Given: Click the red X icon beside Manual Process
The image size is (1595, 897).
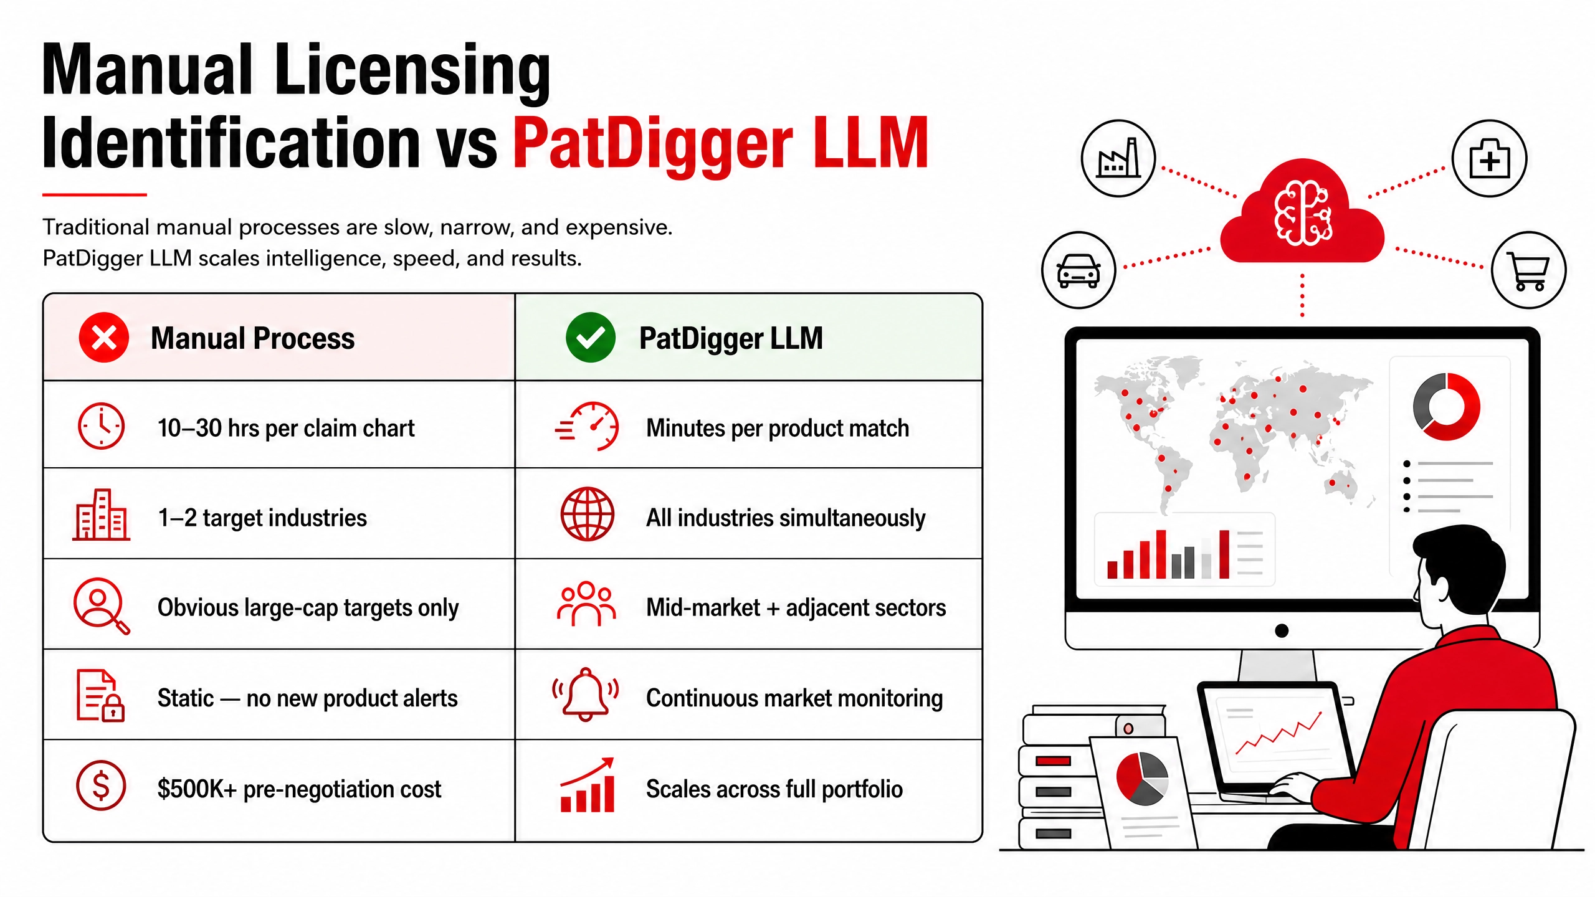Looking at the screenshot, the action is click(103, 338).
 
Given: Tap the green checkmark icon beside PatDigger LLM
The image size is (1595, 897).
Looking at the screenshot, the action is click(590, 338).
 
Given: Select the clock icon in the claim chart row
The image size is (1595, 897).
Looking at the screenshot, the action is click(101, 426).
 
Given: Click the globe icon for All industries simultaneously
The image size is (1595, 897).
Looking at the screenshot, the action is click(587, 515).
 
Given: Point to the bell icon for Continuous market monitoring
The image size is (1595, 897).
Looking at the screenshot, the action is click(586, 695).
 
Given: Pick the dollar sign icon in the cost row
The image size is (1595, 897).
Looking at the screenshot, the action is click(101, 785).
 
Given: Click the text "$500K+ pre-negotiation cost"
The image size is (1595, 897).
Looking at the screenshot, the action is click(299, 789).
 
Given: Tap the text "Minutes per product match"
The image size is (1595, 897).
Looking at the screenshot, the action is click(778, 429).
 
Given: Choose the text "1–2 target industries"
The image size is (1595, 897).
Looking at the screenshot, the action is click(262, 518).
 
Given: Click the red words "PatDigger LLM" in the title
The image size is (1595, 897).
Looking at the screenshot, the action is click(721, 144).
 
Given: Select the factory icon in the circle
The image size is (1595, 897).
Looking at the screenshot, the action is click(1118, 158).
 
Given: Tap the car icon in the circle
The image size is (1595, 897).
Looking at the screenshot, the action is click(1078, 270).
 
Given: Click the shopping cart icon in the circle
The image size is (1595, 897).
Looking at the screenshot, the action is click(1529, 271).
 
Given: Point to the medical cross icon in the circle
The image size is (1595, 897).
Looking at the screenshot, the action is click(1490, 159).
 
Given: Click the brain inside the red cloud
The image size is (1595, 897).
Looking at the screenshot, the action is click(1303, 213).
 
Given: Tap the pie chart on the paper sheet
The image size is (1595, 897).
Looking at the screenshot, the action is click(1142, 778).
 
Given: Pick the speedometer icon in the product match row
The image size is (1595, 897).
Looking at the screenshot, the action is click(587, 426).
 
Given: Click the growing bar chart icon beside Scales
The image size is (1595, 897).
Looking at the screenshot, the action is click(587, 785).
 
